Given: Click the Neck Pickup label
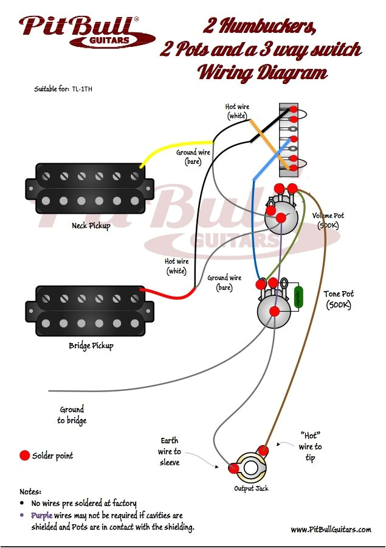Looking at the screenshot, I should (x=91, y=226).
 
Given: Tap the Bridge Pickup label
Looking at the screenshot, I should (x=91, y=346).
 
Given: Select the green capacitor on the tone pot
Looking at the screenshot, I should (x=298, y=297).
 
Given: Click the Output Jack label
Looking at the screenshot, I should (x=251, y=488).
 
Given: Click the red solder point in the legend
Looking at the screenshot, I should (x=24, y=455).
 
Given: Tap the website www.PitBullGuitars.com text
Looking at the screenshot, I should (x=331, y=530).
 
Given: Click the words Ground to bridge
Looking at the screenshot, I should (x=72, y=415).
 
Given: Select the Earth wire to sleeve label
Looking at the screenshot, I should (x=170, y=451).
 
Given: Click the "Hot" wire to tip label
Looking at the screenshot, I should (x=310, y=446).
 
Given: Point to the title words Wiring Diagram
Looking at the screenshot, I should (x=262, y=73).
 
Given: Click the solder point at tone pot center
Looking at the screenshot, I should (x=274, y=311).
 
